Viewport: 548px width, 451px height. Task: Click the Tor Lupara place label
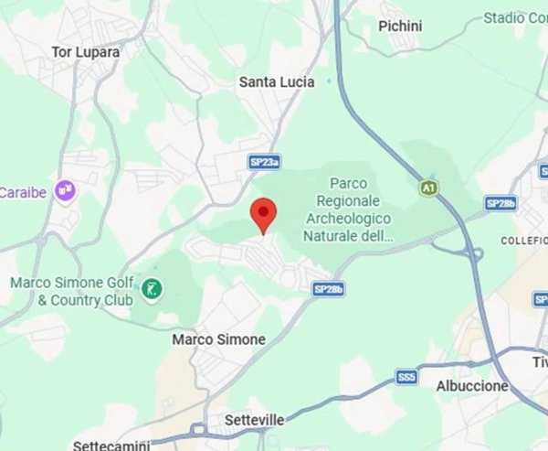pyautogui.click(x=86, y=52)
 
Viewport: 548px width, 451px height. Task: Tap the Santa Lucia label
pyautogui.click(x=277, y=81)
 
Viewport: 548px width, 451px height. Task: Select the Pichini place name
pyautogui.click(x=400, y=26)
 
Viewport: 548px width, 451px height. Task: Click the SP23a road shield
pyautogui.click(x=264, y=162)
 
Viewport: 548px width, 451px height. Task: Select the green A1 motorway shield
pyautogui.click(x=427, y=188)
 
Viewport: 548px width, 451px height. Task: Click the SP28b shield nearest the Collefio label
pyautogui.click(x=501, y=203)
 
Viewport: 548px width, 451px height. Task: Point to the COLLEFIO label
pyautogui.click(x=524, y=240)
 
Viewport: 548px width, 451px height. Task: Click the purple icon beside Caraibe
pyautogui.click(x=65, y=190)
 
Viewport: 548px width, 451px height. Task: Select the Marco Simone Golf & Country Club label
pyautogui.click(x=72, y=291)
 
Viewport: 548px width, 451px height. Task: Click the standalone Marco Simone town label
pyautogui.click(x=219, y=339)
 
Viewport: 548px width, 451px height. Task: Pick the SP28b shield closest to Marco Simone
pyautogui.click(x=328, y=289)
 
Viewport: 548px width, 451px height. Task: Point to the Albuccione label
pyautogui.click(x=472, y=386)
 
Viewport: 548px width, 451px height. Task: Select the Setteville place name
pyautogui.click(x=258, y=420)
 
